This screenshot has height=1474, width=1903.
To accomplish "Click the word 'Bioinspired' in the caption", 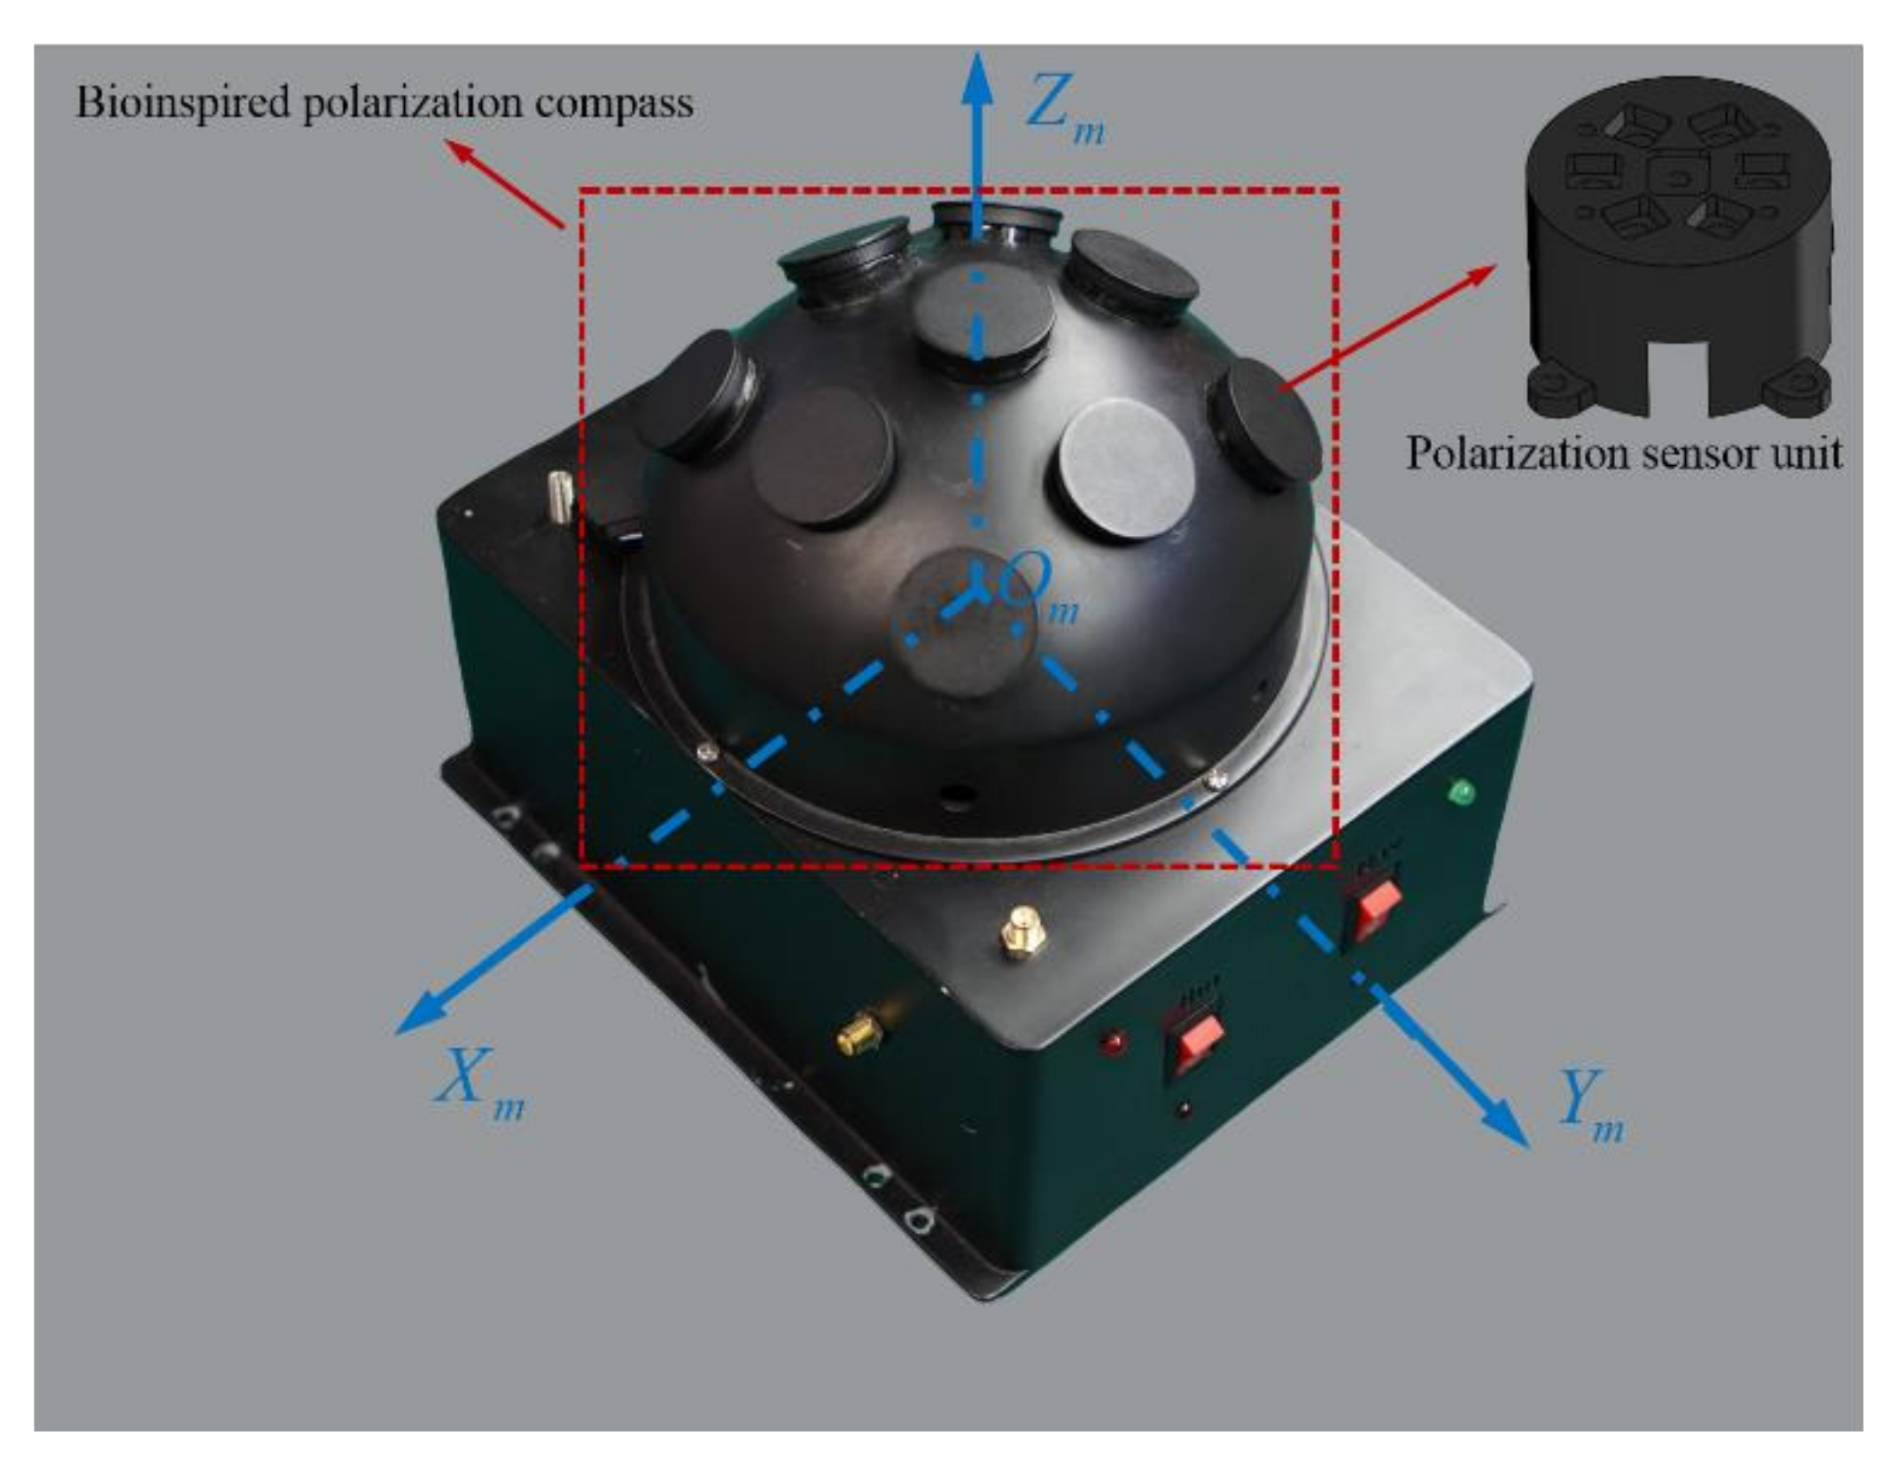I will click(183, 103).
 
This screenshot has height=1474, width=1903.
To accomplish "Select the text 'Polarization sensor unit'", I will click(1624, 453).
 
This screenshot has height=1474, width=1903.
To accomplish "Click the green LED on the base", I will click(1461, 791).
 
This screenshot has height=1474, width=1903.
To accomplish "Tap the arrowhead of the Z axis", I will click(977, 74).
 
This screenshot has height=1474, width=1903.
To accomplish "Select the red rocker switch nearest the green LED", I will click(1374, 904).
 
